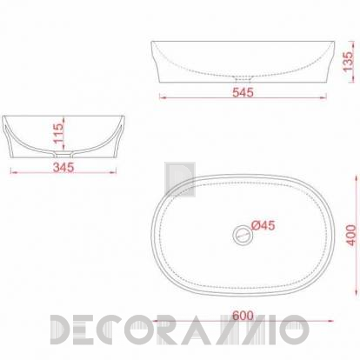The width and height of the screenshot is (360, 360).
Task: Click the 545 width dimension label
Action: point(243,92)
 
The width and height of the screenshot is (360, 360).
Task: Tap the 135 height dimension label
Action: point(348,61)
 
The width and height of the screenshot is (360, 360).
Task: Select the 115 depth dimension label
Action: point(58,133)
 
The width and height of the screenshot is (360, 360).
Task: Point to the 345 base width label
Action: point(63,167)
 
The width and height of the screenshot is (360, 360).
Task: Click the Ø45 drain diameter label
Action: point(263,225)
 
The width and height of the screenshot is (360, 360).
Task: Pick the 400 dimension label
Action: point(351,235)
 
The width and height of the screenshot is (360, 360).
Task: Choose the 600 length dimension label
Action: point(243,316)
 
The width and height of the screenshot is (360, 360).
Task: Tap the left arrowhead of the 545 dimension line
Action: point(163,97)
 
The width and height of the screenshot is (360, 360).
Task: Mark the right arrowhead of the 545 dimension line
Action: point(323,97)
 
